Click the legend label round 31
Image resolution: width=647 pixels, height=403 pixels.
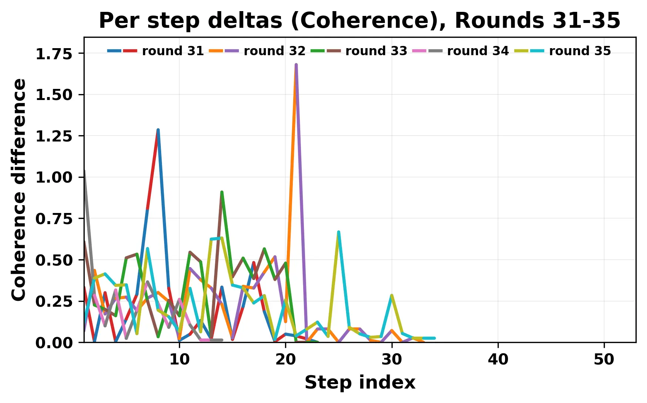coord(173,51)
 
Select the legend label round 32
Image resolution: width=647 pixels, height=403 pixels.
coord(274,51)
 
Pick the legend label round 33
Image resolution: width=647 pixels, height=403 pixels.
coord(376,51)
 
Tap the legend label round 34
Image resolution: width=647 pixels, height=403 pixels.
coord(478,51)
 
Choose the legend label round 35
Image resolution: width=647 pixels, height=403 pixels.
coord(580,51)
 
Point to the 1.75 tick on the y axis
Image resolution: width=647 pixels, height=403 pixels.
coord(54,54)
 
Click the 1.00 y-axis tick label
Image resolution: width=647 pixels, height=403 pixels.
coord(54,177)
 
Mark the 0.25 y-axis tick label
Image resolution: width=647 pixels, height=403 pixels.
coord(54,302)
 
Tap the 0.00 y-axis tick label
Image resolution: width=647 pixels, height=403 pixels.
coord(54,343)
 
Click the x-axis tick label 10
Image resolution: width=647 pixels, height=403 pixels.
coord(179,359)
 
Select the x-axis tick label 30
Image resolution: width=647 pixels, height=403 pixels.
coord(392,359)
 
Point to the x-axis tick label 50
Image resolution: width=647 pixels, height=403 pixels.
coord(604,359)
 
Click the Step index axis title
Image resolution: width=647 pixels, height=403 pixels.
coord(360,382)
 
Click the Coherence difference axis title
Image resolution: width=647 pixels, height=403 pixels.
coord(19,189)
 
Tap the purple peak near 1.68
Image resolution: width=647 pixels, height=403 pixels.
coord(296,65)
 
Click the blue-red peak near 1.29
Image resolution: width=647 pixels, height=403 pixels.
coord(158,130)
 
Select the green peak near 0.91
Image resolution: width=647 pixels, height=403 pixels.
coord(222,192)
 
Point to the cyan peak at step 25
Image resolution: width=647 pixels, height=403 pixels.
coord(339,232)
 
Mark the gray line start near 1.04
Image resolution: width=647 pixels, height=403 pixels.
coord(85,171)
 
